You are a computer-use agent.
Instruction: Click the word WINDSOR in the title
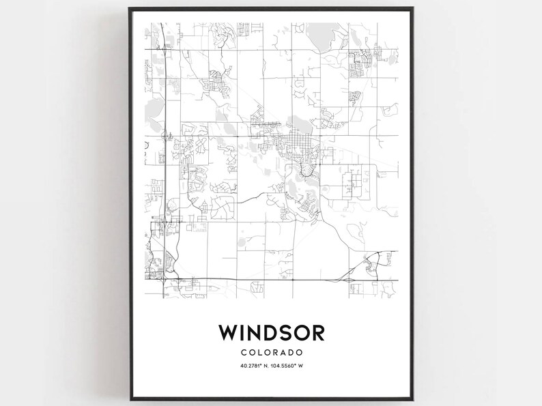[x=270, y=332]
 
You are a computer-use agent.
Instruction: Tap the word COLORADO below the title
[x=270, y=352]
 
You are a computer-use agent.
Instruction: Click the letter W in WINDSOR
[x=229, y=332]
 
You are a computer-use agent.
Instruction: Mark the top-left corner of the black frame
[x=129, y=9]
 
